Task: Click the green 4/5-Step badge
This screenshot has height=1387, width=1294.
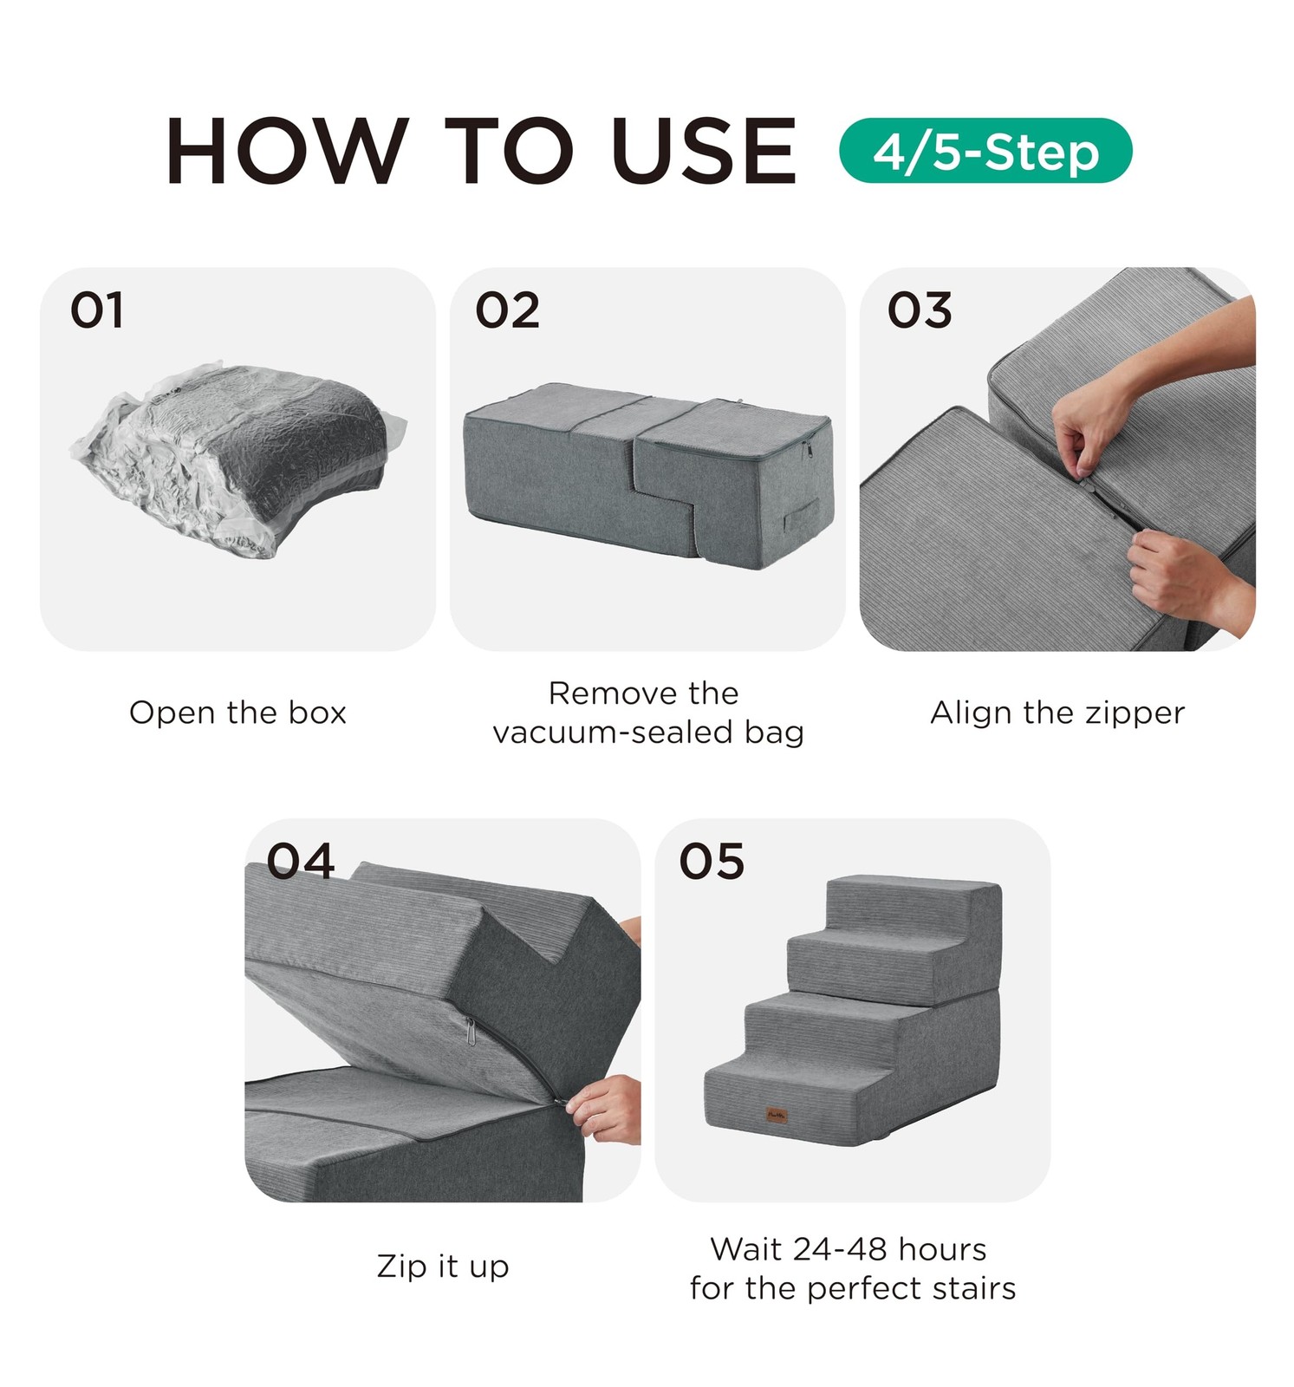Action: [x=985, y=151]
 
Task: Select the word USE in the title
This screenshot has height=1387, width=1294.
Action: [x=703, y=151]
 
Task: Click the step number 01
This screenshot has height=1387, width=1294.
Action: [x=97, y=310]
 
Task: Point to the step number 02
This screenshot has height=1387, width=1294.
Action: [x=507, y=310]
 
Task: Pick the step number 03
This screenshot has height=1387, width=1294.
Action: [x=919, y=310]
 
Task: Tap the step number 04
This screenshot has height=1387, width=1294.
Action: [x=300, y=862]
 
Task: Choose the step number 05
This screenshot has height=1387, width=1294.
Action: [x=712, y=862]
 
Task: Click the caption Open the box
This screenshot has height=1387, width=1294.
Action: [x=237, y=713]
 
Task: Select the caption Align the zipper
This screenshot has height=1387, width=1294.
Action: [x=1057, y=713]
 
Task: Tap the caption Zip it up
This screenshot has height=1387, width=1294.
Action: [x=443, y=1267]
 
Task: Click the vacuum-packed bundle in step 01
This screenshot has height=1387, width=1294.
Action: [x=238, y=459]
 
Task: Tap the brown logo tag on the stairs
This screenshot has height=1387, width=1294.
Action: [x=777, y=1114]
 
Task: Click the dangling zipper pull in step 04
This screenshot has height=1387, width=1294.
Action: [x=470, y=1032]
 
